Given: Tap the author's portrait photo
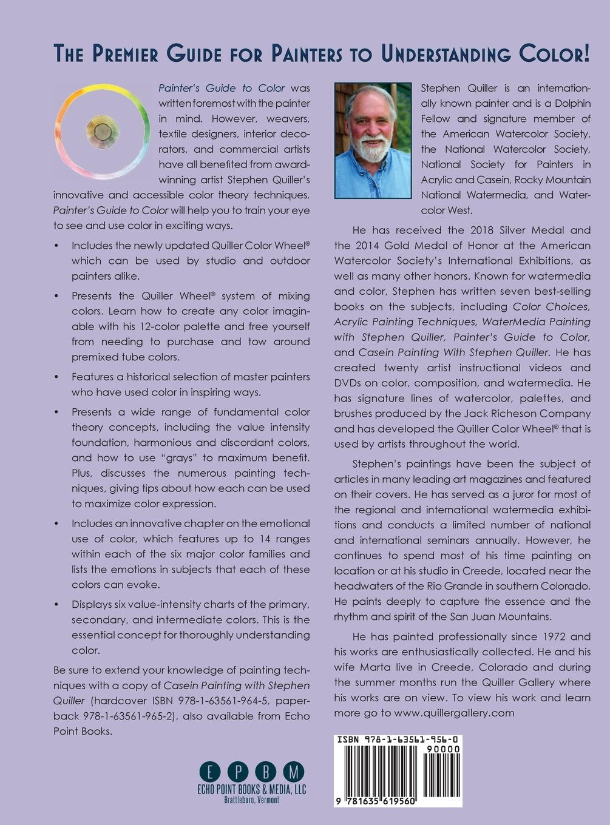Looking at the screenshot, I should [372, 141].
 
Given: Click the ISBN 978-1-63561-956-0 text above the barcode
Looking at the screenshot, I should [398, 740].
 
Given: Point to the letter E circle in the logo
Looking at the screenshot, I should [210, 772].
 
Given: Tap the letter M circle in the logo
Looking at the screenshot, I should [294, 772].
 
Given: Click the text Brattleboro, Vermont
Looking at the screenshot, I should [252, 800].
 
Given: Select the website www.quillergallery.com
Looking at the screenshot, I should [454, 713].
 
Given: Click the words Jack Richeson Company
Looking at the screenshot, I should [507, 413].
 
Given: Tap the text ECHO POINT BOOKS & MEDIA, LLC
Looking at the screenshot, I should [252, 789].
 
